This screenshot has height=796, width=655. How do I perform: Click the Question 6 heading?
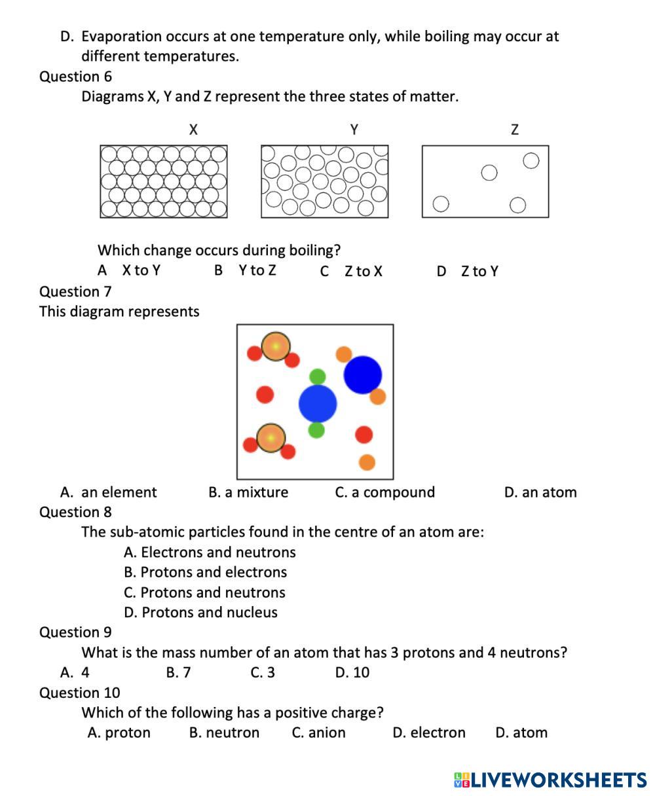point(75,77)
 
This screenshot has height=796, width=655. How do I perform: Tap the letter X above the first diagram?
point(193,130)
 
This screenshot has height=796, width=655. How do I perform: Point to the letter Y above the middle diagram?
point(354,130)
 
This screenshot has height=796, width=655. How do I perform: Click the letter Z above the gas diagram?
point(515,130)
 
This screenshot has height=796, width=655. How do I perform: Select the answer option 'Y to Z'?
point(257,270)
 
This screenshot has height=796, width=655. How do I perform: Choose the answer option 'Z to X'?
point(363,271)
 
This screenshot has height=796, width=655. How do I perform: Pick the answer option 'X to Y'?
point(141,270)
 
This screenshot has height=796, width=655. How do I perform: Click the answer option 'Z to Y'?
point(479,271)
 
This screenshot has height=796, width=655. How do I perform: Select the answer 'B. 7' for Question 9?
point(178,672)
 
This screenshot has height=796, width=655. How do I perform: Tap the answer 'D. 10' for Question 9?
point(352,672)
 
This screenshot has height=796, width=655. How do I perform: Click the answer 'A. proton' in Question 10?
point(119,733)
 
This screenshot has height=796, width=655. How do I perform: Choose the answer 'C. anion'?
point(318,733)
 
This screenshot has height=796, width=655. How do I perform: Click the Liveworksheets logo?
point(550,780)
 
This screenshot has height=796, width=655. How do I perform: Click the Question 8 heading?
point(75,512)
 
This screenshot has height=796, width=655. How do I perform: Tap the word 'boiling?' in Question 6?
point(312,250)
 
